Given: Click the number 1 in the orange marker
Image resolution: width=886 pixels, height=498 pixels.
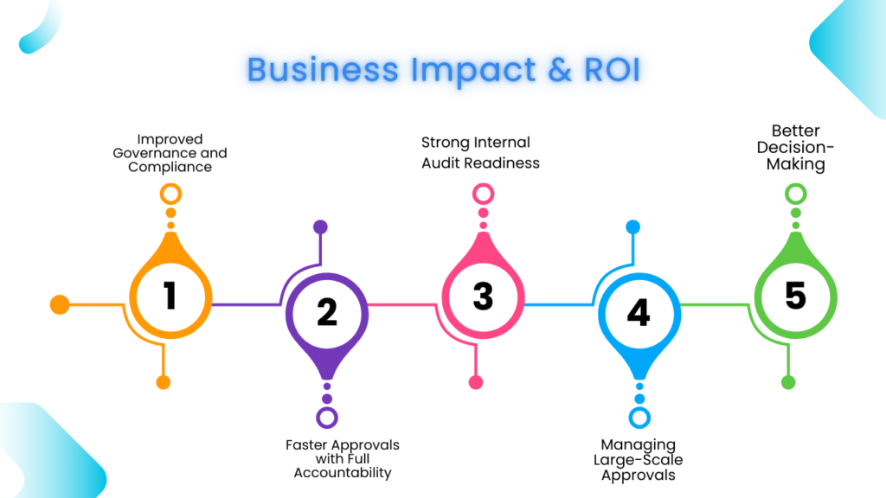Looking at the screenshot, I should tap(170, 296).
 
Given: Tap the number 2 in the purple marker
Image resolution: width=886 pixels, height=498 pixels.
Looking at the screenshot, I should tap(327, 312).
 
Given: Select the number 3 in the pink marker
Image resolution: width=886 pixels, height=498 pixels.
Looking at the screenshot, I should tap(483, 296).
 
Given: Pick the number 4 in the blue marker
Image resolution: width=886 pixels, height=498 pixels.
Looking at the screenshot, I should tap(639, 312).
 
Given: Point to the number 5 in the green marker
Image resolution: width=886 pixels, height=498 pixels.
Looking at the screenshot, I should tap(795, 296).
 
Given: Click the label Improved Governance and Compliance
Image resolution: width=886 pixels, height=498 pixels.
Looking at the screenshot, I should tap(170, 153).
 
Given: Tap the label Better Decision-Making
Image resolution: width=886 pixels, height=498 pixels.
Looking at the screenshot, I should tap(795, 148).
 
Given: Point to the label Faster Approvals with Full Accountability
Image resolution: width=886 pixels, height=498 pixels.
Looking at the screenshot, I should tap(343, 459).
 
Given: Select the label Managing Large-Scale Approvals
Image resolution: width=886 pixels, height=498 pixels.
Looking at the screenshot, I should tap(638, 460).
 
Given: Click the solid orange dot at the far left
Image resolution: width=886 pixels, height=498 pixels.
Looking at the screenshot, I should tap(60, 304).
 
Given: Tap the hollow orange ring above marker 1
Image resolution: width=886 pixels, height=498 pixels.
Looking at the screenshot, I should tap(170, 194).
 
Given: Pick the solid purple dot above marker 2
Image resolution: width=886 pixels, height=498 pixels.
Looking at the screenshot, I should tap(320, 227).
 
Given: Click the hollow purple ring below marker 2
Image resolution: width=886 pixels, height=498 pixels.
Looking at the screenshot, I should tap(327, 418).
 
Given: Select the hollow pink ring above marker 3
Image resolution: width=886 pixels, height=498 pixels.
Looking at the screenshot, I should tap(483, 194).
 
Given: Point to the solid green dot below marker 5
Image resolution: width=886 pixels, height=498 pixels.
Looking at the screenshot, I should tap(788, 382).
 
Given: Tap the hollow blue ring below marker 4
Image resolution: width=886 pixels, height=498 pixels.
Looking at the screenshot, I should tap(639, 418).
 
